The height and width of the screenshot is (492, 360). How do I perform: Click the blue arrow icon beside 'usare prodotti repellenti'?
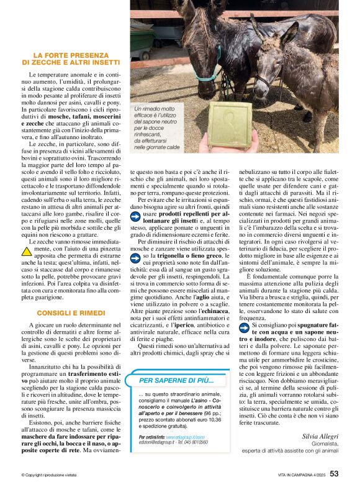point(137,216)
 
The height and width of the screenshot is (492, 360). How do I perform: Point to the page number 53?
point(334,474)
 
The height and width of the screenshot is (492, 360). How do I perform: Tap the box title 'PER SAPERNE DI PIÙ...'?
point(176,380)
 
